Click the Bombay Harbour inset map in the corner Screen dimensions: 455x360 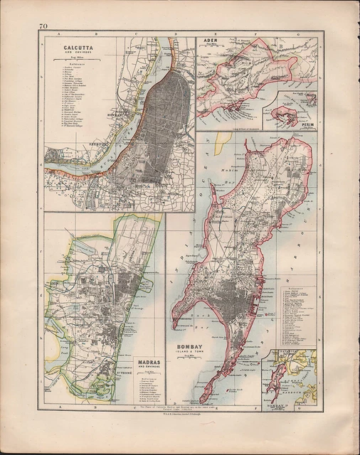288,375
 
